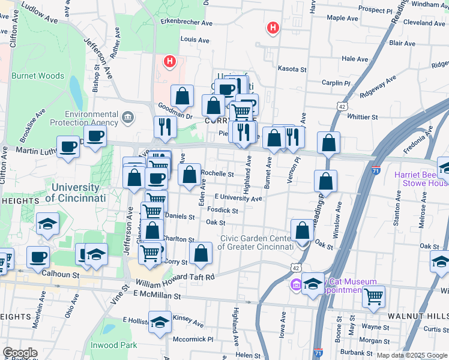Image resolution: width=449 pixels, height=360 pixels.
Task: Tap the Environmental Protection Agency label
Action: [92, 118]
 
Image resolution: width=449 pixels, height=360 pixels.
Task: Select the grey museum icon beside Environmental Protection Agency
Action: [127, 116]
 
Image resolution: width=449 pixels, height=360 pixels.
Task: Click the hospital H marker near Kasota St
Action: [273, 28]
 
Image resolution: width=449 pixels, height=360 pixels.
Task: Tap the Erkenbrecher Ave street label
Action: [187, 23]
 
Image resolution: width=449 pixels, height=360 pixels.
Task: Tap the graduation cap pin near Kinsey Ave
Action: [160, 323]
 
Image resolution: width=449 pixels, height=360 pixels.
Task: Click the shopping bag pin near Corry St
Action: [201, 254]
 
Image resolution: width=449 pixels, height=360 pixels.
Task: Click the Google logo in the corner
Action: [20, 353]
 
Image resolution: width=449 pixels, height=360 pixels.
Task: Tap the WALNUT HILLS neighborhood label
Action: [427, 316]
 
